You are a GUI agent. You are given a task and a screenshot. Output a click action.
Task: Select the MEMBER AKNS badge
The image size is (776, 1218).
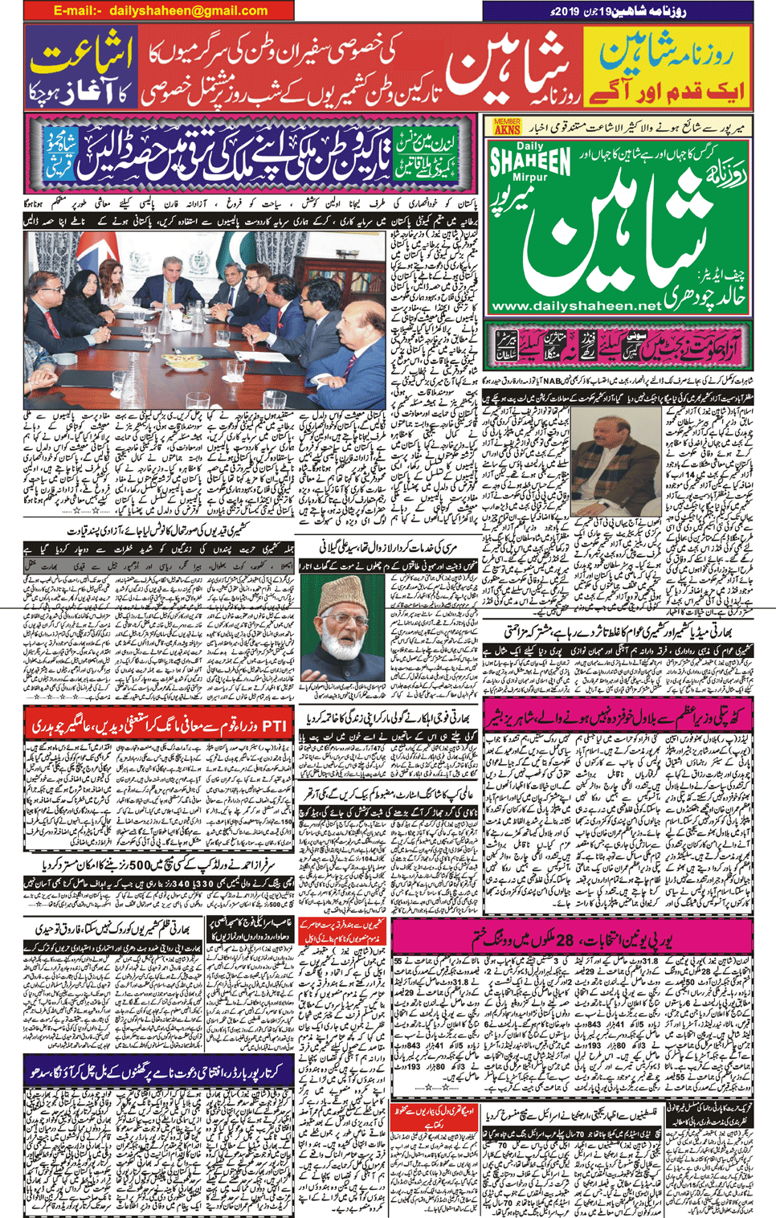point(506,126)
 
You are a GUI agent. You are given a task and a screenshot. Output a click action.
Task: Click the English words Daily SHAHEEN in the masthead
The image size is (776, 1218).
point(530,161)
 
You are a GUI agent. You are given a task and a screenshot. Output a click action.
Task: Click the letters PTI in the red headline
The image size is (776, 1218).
point(275,725)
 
